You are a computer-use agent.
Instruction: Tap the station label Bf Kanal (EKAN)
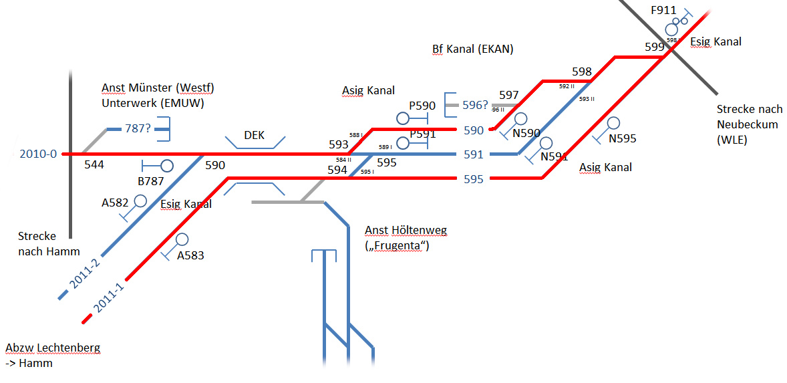coord(472,49)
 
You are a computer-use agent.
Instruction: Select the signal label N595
coord(622,139)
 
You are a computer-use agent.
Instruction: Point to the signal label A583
coord(190,255)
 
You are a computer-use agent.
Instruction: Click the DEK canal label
coord(254,135)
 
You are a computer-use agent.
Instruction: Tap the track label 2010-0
coord(38,154)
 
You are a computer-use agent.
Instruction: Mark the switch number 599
coord(655,47)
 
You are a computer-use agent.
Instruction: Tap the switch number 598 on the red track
coord(582,72)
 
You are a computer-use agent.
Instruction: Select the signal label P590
coord(422,106)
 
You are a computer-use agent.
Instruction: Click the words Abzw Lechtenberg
coord(53,348)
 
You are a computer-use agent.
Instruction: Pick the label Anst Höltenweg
coord(406,231)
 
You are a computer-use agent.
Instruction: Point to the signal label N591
coord(554,157)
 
